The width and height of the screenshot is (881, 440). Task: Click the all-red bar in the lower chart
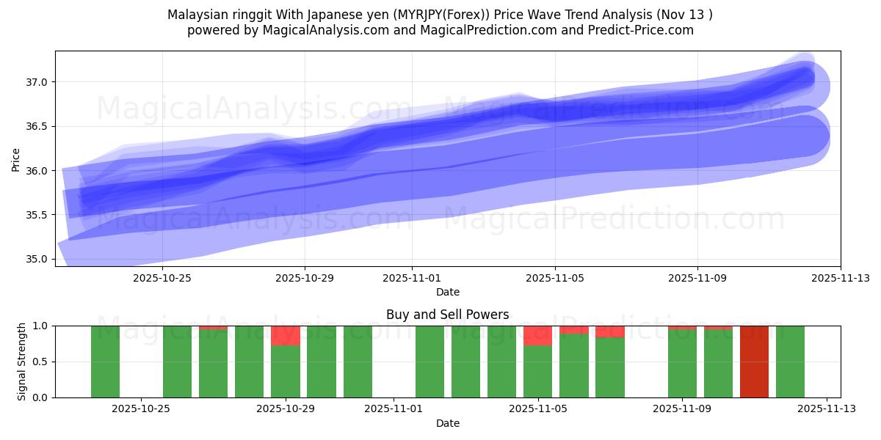click(754, 362)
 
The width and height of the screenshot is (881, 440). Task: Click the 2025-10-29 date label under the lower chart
click(285, 409)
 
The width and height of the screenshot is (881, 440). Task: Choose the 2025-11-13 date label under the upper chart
click(840, 278)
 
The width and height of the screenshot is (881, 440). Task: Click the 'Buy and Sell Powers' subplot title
click(447, 315)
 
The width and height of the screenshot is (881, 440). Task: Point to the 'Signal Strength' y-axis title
click(22, 362)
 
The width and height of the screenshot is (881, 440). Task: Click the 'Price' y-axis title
click(16, 158)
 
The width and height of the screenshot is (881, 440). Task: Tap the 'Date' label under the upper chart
click(447, 292)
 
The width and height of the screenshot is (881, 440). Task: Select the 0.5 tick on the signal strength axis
click(40, 362)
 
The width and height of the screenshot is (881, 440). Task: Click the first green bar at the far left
click(105, 362)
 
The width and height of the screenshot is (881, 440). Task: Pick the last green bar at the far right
click(790, 362)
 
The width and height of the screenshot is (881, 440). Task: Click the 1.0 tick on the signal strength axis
click(40, 326)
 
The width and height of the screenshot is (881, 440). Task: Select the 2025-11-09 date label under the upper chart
click(697, 278)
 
